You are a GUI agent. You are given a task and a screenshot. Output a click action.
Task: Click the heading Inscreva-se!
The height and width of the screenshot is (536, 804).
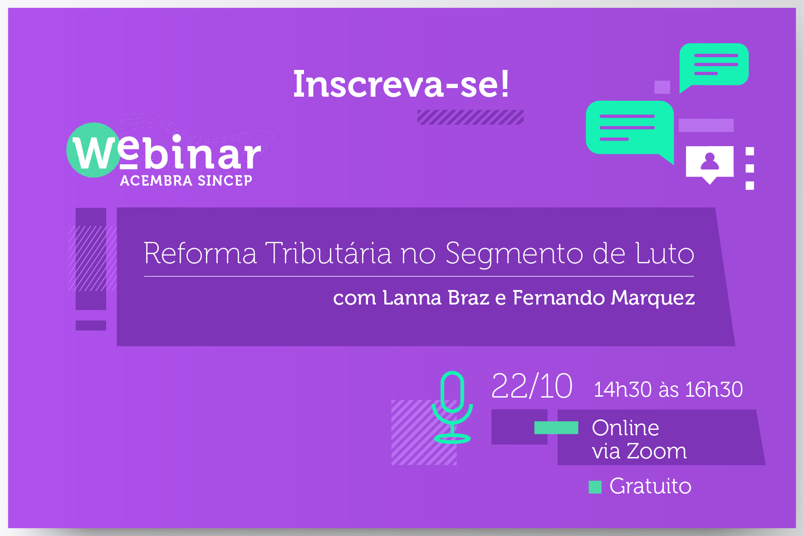(401, 84)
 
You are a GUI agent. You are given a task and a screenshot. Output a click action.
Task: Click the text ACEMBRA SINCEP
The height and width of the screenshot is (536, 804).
(186, 181)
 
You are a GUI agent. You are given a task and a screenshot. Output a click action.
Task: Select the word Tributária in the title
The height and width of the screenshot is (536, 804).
(328, 253)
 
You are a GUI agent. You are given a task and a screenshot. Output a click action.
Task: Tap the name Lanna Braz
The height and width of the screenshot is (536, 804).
(436, 298)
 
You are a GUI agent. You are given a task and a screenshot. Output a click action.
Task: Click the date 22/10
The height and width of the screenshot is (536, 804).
(532, 386)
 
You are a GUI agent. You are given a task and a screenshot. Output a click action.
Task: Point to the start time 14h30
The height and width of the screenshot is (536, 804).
(623, 389)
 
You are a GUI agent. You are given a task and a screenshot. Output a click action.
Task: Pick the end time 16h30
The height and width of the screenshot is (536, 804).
(714, 389)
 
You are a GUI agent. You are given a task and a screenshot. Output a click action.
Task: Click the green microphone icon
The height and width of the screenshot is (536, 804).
(452, 407)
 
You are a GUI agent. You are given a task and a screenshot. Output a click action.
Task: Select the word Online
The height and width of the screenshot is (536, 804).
(625, 428)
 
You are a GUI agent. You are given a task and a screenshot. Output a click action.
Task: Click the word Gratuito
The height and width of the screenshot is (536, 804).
(650, 486)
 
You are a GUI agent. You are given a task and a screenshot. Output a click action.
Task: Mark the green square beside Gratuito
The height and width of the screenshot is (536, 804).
(595, 487)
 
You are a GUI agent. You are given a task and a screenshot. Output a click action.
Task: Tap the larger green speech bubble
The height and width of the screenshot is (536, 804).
(630, 129)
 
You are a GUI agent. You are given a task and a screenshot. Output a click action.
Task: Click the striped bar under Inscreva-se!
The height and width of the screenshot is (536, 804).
(471, 117)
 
